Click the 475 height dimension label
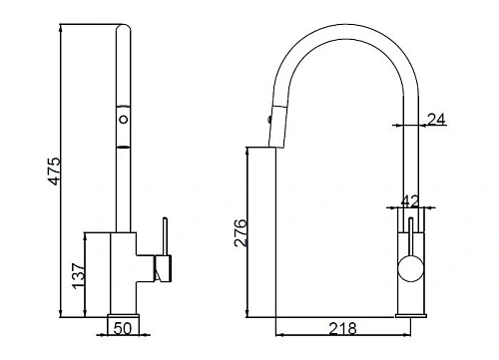click(x=55, y=172)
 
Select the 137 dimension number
click(x=79, y=275)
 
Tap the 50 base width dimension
click(x=123, y=328)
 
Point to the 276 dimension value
click(x=241, y=232)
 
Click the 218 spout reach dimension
click(x=343, y=328)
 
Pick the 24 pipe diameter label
click(x=436, y=119)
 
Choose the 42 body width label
click(x=410, y=201)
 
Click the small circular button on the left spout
click(x=124, y=119)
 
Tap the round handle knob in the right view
click(x=411, y=268)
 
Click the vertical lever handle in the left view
click(x=165, y=236)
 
